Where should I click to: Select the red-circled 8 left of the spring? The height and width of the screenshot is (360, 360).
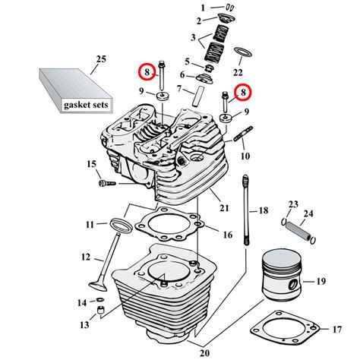pyautogui.click(x=144, y=73)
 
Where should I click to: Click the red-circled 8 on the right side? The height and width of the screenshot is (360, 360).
pyautogui.click(x=242, y=93)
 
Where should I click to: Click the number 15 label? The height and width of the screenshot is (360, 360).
pyautogui.click(x=91, y=165)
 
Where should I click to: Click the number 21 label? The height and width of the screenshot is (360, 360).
pyautogui.click(x=223, y=207)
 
